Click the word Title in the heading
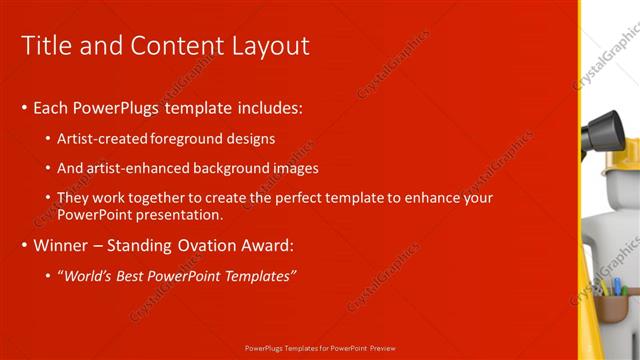pyautogui.click(x=43, y=46)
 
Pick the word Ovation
pyautogui.click(x=207, y=246)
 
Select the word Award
pyautogui.click(x=269, y=246)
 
